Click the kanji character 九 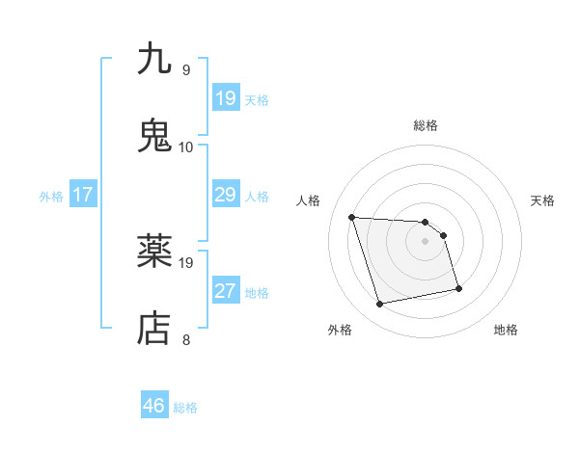(x=155, y=60)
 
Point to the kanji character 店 (x=155, y=329)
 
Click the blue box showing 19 (x=225, y=98)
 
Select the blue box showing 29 (x=225, y=196)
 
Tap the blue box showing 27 (x=225, y=292)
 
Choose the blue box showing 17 (x=83, y=196)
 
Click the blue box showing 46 (x=154, y=407)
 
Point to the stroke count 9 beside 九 (x=186, y=70)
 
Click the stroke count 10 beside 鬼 (x=186, y=147)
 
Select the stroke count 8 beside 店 (x=186, y=339)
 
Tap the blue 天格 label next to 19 (x=257, y=99)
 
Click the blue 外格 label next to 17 (x=51, y=197)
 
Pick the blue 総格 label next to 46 (x=185, y=408)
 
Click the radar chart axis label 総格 (x=425, y=125)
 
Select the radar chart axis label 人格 (x=309, y=200)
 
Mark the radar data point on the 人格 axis (x=352, y=217)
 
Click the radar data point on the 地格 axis (x=458, y=287)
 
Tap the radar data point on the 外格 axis (x=380, y=305)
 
